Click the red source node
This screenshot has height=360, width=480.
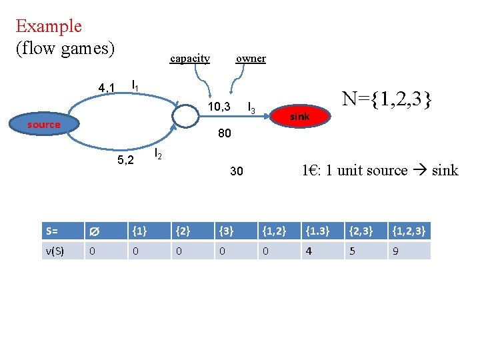tap(44, 125)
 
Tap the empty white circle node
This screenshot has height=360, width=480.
tap(186, 115)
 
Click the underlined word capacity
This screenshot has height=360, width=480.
tap(190, 59)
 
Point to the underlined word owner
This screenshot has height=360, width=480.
tap(251, 59)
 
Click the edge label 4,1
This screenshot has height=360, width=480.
tap(107, 87)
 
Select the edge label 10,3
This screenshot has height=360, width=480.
tap(219, 107)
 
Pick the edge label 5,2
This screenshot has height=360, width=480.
tap(125, 160)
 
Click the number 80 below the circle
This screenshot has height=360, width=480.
tap(224, 134)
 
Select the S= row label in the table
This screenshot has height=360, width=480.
tap(53, 231)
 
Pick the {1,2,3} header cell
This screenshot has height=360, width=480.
tap(409, 231)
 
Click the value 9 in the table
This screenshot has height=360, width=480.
tap(395, 251)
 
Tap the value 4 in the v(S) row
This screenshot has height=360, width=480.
tap(308, 251)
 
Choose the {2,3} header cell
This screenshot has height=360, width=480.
tap(361, 231)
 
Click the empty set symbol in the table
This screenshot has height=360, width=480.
tap(94, 232)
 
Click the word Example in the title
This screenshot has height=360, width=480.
tap(49, 27)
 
